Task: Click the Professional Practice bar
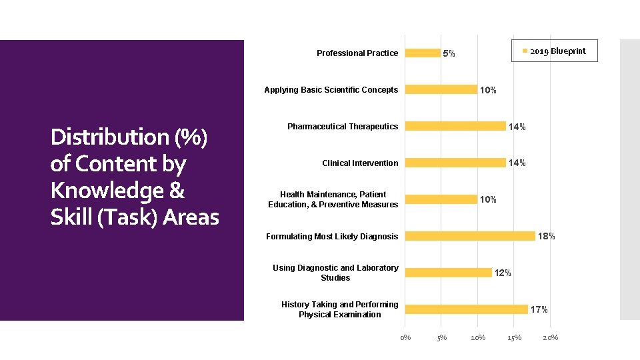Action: (423, 53)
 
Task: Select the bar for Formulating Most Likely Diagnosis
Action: (470, 236)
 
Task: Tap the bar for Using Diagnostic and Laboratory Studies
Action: (448, 273)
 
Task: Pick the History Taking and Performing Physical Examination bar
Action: (467, 309)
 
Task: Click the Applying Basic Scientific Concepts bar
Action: (441, 90)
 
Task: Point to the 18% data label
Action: (547, 236)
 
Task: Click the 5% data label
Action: (449, 53)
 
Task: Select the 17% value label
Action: (539, 309)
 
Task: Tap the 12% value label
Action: (503, 273)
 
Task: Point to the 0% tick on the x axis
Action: (405, 337)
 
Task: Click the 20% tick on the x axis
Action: (551, 337)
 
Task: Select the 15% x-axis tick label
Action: (514, 337)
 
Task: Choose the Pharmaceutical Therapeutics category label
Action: (343, 127)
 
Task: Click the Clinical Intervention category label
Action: (360, 163)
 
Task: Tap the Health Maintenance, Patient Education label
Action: (333, 199)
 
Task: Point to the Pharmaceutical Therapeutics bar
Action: (455, 127)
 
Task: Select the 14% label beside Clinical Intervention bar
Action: (517, 163)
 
